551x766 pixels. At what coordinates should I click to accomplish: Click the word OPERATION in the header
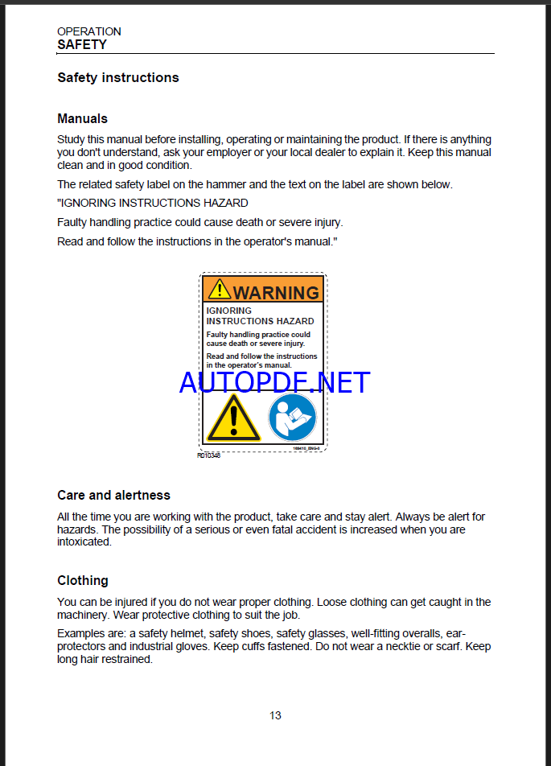pos(88,31)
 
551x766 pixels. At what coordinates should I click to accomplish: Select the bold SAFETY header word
pos(81,45)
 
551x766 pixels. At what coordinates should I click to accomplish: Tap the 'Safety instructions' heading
pos(117,78)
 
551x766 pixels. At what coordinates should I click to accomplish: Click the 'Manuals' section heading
pos(82,118)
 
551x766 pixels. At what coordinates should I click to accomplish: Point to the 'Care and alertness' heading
pos(113,495)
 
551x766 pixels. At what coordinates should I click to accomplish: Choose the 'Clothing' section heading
pos(82,580)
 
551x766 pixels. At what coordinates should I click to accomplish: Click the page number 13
pos(275,715)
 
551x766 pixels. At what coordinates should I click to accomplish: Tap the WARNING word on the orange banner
pos(276,293)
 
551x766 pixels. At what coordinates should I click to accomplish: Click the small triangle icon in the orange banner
pos(219,290)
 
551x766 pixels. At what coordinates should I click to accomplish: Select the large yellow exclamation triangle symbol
pos(232,418)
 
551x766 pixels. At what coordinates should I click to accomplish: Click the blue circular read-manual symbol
pos(292,417)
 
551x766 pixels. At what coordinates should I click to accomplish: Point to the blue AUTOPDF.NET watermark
pos(274,382)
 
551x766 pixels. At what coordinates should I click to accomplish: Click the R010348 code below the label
pos(208,455)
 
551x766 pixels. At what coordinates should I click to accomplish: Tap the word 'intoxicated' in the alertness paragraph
pos(84,542)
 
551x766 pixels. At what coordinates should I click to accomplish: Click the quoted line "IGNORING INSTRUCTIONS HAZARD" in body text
pos(153,203)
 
